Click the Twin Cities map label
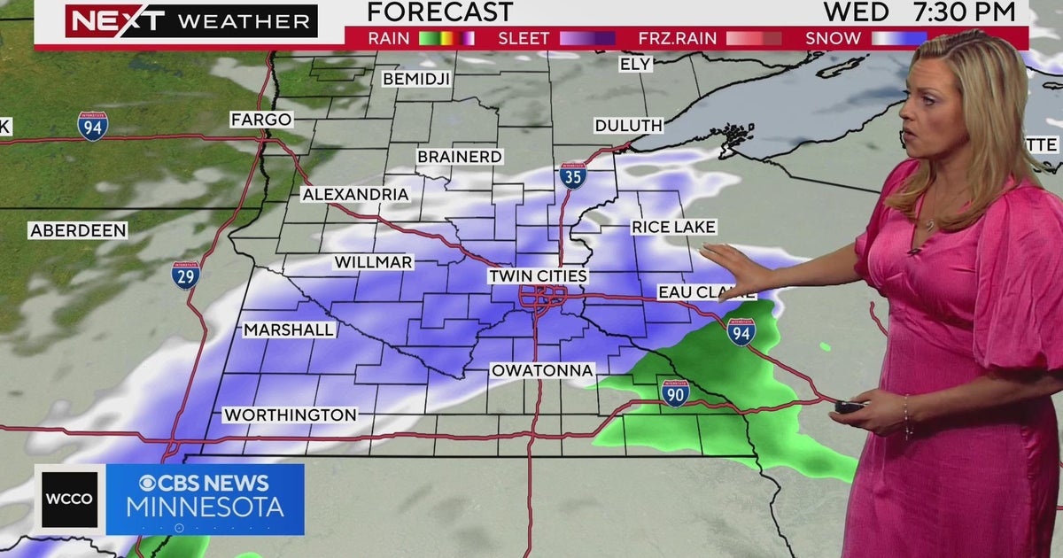click(x=539, y=276)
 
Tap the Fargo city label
click(x=261, y=120)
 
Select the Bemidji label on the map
click(x=416, y=79)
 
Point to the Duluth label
click(x=628, y=126)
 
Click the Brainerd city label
click(x=460, y=157)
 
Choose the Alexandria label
click(x=355, y=194)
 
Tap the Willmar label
click(x=373, y=262)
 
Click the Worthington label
click(x=290, y=415)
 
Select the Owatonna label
click(x=542, y=369)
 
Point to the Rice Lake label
click(x=673, y=228)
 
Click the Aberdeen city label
click(x=78, y=230)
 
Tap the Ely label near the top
click(x=636, y=64)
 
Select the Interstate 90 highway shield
click(x=675, y=392)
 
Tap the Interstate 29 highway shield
click(x=186, y=275)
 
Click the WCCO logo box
click(x=70, y=500)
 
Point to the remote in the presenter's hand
click(x=850, y=407)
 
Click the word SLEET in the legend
click(x=524, y=38)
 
